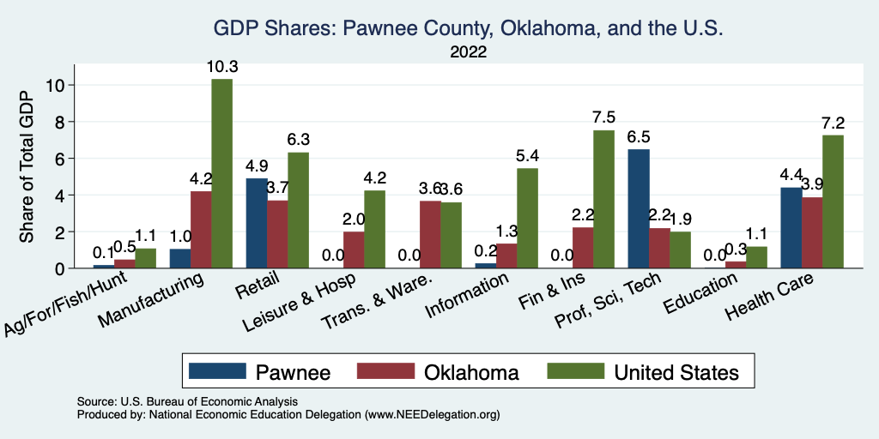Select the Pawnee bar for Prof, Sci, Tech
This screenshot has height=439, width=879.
(x=638, y=209)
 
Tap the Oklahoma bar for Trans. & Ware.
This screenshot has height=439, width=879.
(x=429, y=235)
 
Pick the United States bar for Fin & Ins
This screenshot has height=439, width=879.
(x=603, y=200)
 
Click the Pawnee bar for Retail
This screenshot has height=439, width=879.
(x=257, y=224)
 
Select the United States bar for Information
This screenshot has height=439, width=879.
(x=527, y=219)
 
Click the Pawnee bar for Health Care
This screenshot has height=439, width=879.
(x=791, y=228)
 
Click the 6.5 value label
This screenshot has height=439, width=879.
(x=638, y=135)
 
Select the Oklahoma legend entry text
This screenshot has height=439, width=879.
(x=471, y=371)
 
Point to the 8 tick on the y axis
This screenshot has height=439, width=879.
(x=59, y=122)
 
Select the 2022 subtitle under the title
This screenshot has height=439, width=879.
(x=468, y=52)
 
